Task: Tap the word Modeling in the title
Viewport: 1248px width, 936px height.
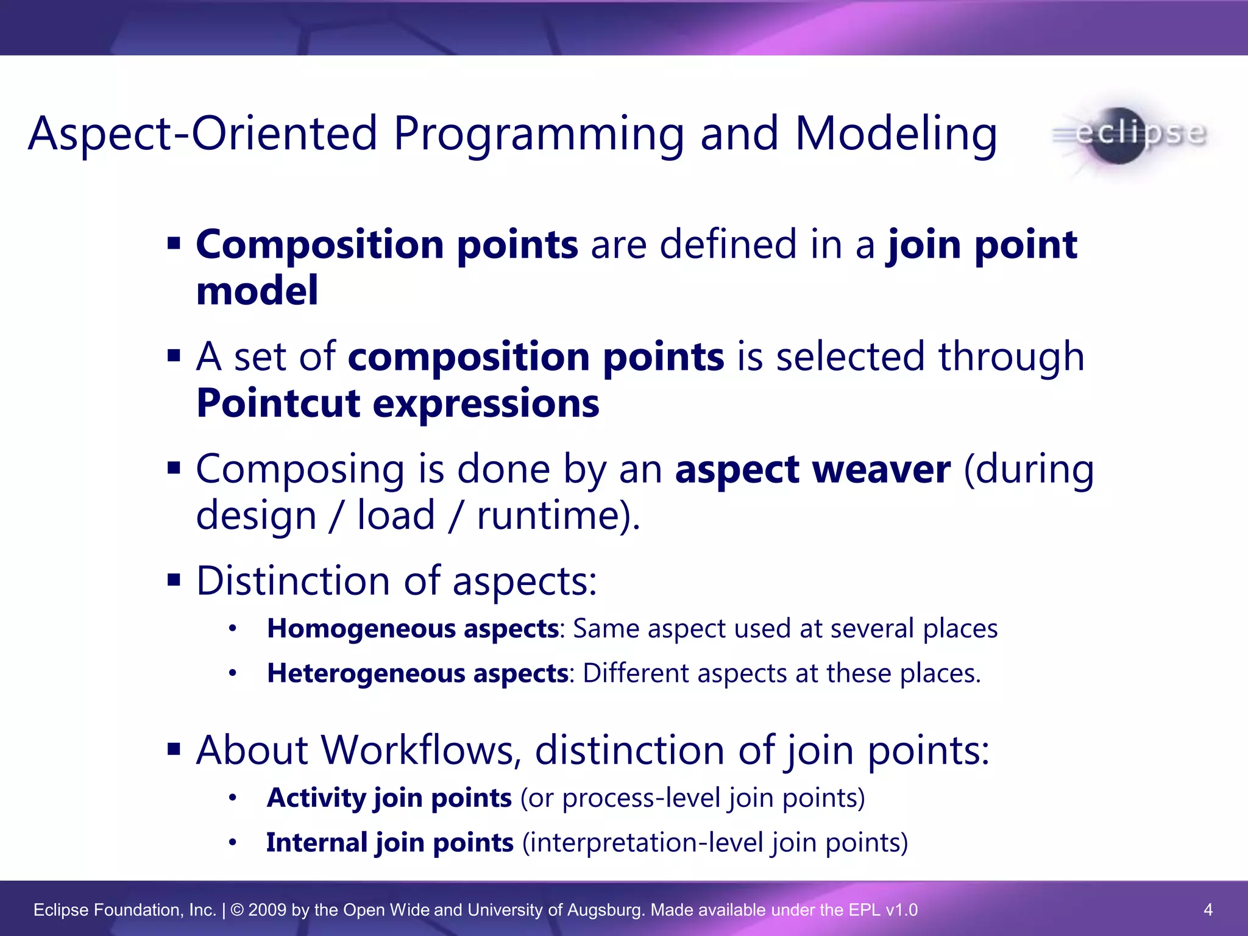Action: coord(896,134)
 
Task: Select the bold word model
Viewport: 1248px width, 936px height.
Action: coord(257,290)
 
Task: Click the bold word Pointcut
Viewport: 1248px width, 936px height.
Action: coord(278,403)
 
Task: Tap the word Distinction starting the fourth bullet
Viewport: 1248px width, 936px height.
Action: coord(293,581)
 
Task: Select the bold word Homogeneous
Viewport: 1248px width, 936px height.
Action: coord(361,628)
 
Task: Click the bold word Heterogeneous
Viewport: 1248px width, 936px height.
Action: coord(366,673)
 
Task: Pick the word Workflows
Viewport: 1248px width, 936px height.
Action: coord(417,750)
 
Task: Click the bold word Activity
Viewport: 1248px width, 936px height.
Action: coord(315,798)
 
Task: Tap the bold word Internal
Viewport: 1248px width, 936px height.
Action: coord(316,843)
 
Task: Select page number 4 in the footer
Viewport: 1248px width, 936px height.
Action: coord(1208,910)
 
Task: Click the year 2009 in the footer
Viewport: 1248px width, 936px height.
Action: coord(267,910)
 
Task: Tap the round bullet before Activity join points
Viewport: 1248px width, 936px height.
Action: coord(232,798)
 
